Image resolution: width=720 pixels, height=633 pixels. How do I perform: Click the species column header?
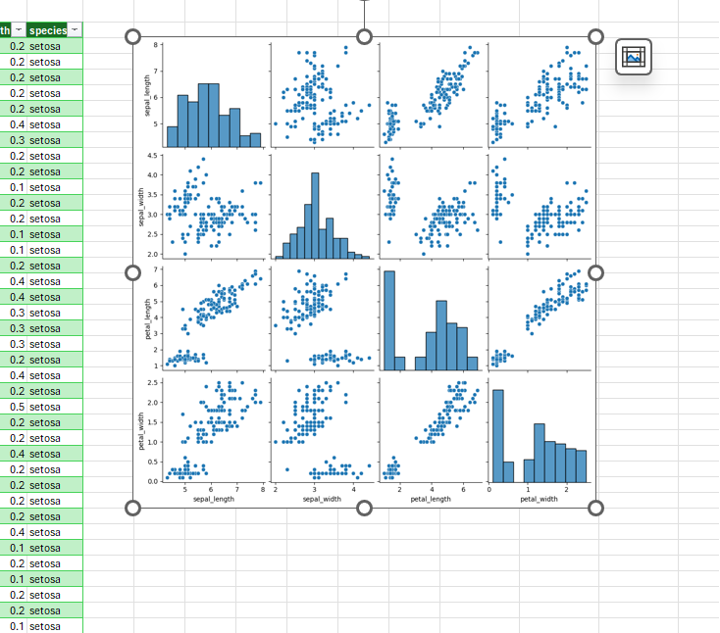[x=47, y=30]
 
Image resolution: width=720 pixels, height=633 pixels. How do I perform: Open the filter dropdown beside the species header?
[x=76, y=30]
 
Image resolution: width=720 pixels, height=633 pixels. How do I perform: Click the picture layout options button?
[x=634, y=57]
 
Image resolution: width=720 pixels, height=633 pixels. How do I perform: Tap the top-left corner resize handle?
[x=133, y=36]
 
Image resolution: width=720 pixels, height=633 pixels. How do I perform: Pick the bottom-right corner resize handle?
[x=595, y=508]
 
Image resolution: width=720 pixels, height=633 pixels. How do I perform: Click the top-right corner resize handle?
[x=595, y=36]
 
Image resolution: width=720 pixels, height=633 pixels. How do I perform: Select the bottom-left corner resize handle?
[x=133, y=508]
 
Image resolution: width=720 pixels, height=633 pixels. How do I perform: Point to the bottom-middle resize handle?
[x=365, y=508]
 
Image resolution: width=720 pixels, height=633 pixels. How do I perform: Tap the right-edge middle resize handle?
[x=595, y=271]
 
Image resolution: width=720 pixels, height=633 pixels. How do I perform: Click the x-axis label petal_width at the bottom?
[x=539, y=499]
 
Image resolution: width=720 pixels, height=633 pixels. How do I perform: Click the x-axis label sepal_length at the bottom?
[x=215, y=499]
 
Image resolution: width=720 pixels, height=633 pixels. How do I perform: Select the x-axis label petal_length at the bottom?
[x=431, y=499]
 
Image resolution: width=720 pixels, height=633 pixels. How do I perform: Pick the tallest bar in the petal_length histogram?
[x=388, y=319]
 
